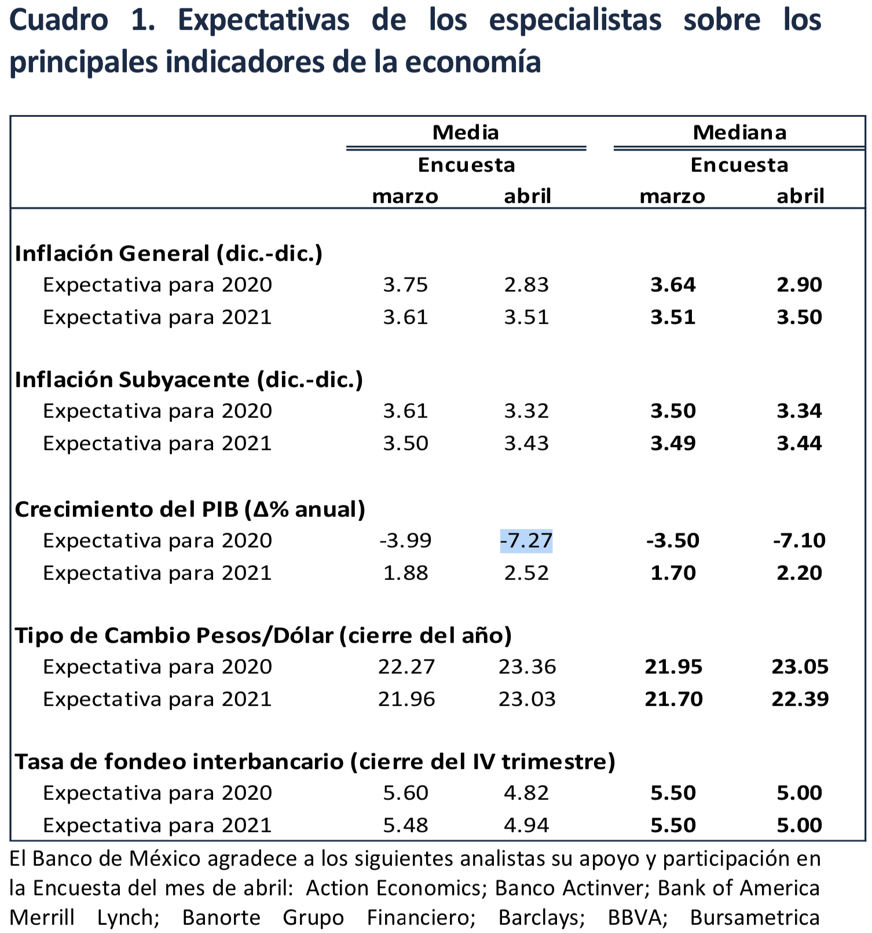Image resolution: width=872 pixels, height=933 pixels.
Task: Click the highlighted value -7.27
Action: (x=526, y=541)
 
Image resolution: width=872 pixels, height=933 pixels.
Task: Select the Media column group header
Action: (x=466, y=133)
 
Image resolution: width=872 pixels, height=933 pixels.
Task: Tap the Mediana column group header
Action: (x=739, y=133)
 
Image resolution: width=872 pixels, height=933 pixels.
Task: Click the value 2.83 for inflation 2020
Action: (x=526, y=285)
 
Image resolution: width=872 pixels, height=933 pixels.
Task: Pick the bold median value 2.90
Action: (x=799, y=285)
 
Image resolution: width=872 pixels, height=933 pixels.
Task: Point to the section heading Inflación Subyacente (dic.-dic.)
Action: (x=189, y=380)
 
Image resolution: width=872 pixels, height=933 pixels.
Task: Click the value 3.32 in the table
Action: (x=526, y=411)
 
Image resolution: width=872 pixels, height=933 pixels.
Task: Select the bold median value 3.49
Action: (x=673, y=443)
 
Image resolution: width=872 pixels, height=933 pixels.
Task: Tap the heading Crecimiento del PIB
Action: (x=190, y=509)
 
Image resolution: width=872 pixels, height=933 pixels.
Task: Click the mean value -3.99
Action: (x=405, y=541)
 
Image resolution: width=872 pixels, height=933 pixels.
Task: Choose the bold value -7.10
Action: (x=799, y=541)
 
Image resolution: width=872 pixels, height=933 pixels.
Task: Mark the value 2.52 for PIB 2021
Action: (x=526, y=573)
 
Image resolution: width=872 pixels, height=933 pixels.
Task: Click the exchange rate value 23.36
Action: (x=527, y=667)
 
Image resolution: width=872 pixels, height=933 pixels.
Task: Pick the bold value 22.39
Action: (x=800, y=699)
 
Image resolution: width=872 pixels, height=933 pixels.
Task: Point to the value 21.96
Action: (x=406, y=699)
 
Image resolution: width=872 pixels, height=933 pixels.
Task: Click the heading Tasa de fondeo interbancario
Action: (x=314, y=762)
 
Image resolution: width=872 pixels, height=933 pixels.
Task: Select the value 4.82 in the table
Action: (x=526, y=793)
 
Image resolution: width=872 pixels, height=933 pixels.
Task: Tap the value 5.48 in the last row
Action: (x=405, y=825)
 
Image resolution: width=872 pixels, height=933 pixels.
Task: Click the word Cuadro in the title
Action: (x=58, y=20)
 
